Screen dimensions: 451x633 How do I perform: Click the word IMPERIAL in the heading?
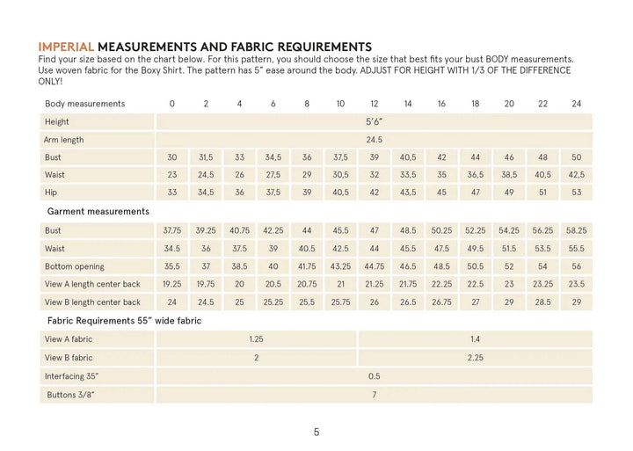[x=66, y=47]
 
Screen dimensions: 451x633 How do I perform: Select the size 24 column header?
[x=577, y=104]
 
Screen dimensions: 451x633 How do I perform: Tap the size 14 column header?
[x=408, y=104]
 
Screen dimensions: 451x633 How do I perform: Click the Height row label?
[x=56, y=122]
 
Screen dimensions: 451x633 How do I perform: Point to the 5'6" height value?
[x=375, y=122]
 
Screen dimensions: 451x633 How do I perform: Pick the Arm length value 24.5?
[x=375, y=140]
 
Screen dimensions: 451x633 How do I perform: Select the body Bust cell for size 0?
[x=172, y=157]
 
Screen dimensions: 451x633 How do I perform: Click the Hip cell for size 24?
[x=577, y=193]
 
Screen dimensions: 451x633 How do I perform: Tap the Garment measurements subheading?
[x=98, y=212]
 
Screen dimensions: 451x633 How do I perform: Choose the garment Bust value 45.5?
[x=340, y=230]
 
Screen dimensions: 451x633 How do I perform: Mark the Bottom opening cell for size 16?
[x=441, y=266]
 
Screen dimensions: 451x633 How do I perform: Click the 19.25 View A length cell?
[x=172, y=284]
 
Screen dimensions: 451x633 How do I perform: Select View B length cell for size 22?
[x=542, y=302]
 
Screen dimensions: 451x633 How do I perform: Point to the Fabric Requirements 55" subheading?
[x=123, y=321]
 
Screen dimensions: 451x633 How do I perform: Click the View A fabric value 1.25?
[x=256, y=339]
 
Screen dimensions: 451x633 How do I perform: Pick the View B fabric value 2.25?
[x=475, y=358]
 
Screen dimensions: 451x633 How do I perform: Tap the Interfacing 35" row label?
[x=71, y=376]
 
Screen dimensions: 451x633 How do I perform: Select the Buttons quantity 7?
[x=375, y=395]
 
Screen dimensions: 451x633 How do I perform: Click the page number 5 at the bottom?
[x=316, y=432]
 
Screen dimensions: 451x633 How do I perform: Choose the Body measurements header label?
[x=84, y=104]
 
